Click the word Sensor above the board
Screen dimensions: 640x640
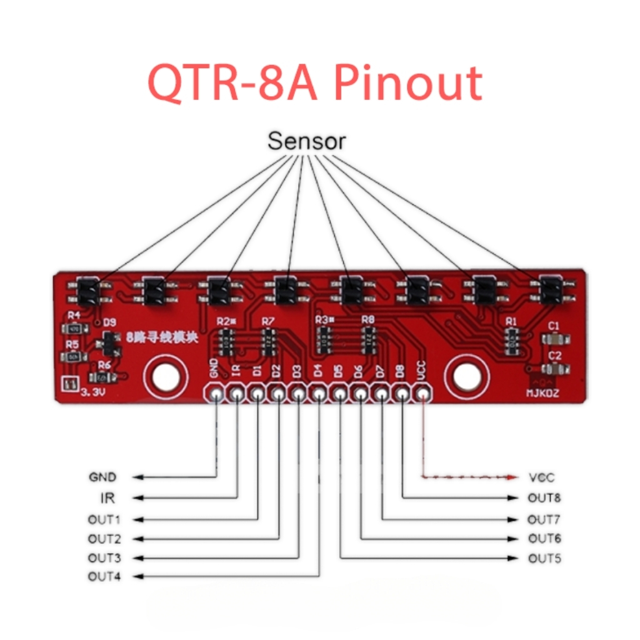pyautogui.click(x=306, y=141)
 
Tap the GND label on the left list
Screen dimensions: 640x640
pyautogui.click(x=102, y=477)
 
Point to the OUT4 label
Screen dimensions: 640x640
pyautogui.click(x=104, y=576)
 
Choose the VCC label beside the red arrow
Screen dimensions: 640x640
pyautogui.click(x=541, y=478)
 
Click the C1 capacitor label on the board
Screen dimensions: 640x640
pyautogui.click(x=553, y=326)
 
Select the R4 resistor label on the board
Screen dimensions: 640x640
pyautogui.click(x=74, y=315)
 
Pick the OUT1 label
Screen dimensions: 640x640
pyautogui.click(x=104, y=519)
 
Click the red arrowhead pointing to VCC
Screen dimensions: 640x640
pyautogui.click(x=513, y=478)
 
